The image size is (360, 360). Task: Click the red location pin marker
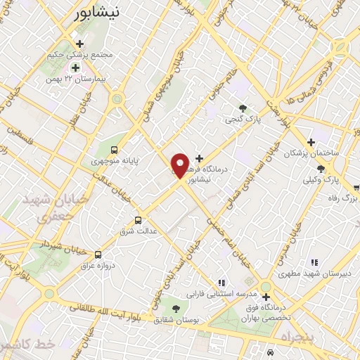point(180,165)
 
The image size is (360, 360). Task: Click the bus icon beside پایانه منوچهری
point(114,149)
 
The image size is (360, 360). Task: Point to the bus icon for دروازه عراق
point(98,255)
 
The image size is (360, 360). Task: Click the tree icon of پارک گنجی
point(243,108)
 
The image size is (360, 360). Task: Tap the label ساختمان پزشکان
point(330,153)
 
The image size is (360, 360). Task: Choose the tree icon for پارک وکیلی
point(321,168)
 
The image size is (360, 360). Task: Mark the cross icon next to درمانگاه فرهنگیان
point(200,158)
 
